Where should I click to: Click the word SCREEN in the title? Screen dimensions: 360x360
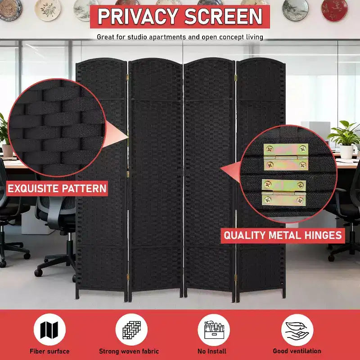point(223,16)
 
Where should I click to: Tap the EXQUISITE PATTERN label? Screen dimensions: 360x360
point(57,189)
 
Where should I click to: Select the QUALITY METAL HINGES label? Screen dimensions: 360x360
point(283,235)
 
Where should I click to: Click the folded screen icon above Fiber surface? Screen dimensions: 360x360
point(49,330)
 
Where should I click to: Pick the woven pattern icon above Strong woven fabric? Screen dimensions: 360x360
point(131,330)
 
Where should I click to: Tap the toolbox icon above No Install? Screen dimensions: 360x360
point(214,330)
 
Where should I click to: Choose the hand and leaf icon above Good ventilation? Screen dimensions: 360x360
point(297,330)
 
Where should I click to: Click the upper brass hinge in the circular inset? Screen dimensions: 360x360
point(286,157)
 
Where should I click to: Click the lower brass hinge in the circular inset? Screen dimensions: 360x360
point(284,193)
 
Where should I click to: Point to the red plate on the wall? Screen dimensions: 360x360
point(334,10)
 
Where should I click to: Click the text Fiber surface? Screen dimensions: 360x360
point(49,351)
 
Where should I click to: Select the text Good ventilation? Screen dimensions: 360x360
point(297,351)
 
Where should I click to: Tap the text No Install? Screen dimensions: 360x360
point(212,351)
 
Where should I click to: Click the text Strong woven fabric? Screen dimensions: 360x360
point(129,351)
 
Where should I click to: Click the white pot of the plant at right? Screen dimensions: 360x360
point(346,152)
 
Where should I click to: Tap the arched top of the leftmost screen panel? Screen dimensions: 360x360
point(101,60)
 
